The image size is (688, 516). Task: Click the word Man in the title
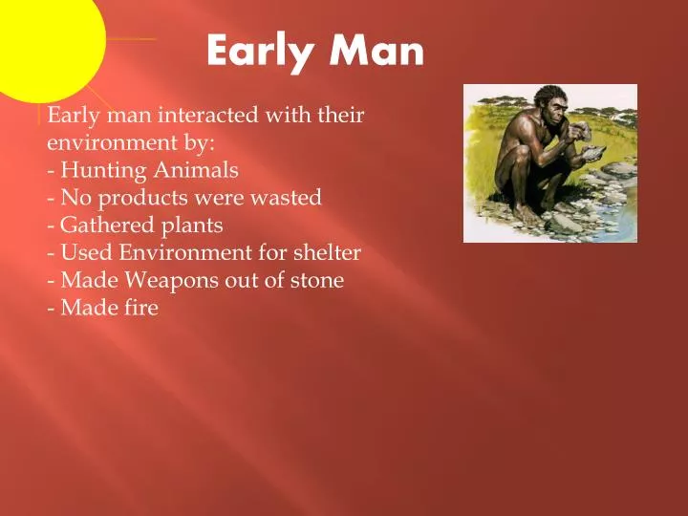(377, 51)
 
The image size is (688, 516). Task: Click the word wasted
(289, 198)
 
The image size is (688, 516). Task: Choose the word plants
(190, 226)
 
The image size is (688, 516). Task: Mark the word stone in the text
(318, 281)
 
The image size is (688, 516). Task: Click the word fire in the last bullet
(139, 308)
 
